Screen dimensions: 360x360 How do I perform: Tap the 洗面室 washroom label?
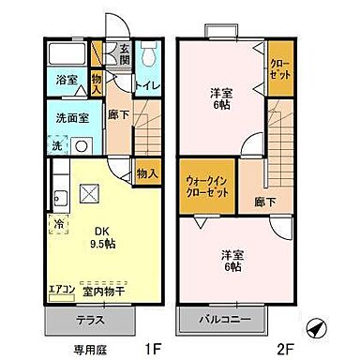point(68,119)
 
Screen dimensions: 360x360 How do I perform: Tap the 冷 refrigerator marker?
point(58,224)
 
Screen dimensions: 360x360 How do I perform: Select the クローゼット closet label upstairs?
point(278,67)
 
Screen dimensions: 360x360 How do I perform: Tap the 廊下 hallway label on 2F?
point(265,199)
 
